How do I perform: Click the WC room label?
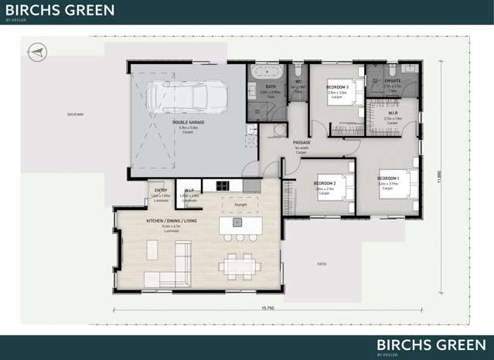298,82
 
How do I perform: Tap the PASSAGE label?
302,143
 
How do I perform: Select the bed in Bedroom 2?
339,186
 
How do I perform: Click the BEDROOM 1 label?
387,178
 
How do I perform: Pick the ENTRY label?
161,190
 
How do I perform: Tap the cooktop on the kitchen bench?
222,185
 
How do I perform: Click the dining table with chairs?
238,266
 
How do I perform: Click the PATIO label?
321,264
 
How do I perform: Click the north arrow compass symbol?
35,51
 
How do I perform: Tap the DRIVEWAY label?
75,114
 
